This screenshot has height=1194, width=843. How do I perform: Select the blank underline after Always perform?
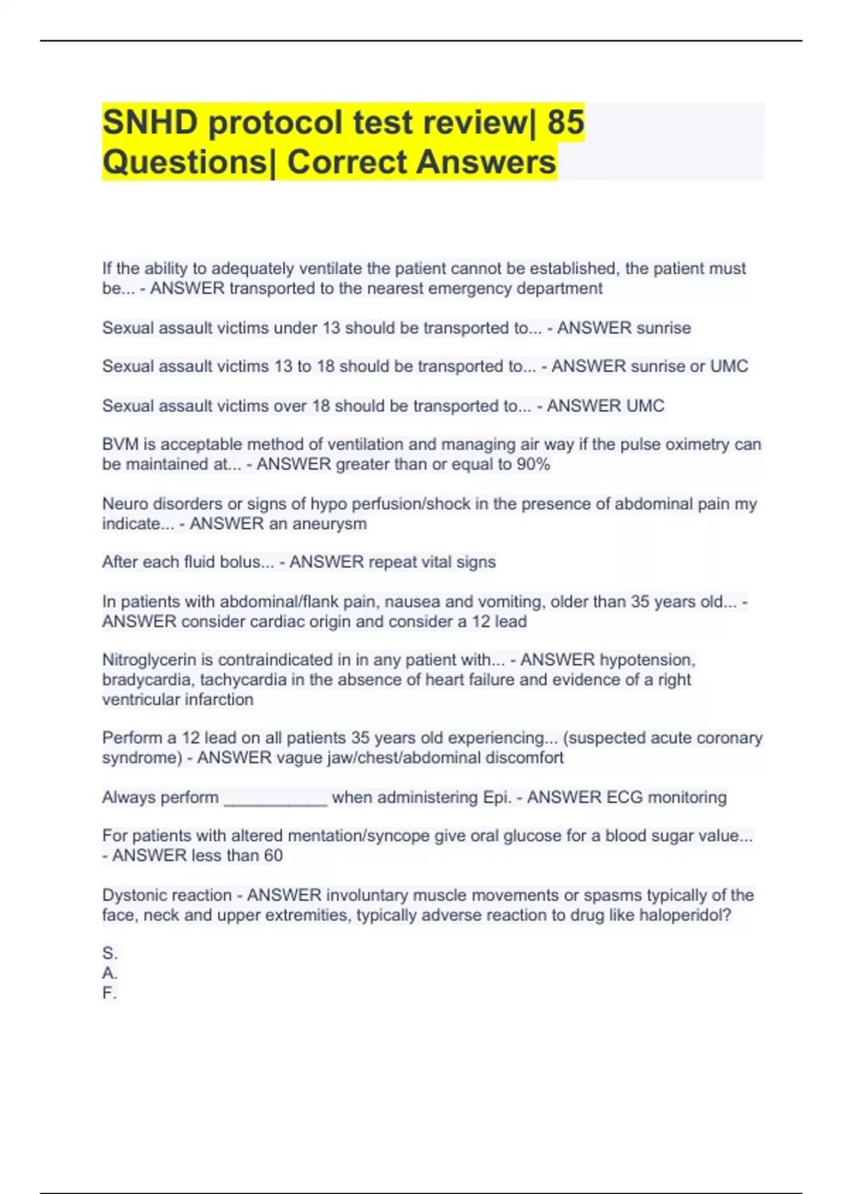click(x=275, y=799)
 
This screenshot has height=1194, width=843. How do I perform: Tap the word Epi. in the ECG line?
click(x=497, y=797)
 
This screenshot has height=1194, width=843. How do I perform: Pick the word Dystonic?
click(x=132, y=895)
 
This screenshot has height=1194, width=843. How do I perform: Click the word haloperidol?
click(x=685, y=915)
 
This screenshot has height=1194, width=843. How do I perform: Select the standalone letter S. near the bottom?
click(x=110, y=953)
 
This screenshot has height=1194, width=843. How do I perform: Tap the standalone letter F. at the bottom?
click(x=109, y=992)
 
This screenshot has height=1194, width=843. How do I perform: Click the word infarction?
click(x=217, y=700)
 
